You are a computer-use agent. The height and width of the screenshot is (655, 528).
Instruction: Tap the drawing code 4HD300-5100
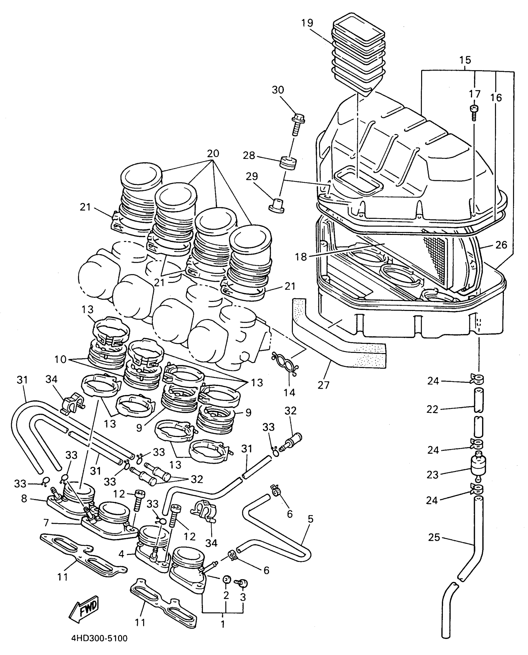tap(99, 639)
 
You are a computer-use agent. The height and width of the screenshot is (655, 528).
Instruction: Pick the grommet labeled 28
tap(289, 164)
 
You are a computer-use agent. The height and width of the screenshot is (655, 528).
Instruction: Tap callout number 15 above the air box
tap(465, 60)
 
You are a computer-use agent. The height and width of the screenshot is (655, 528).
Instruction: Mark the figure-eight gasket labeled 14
tap(285, 361)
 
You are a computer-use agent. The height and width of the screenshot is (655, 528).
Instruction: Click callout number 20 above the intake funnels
tap(213, 154)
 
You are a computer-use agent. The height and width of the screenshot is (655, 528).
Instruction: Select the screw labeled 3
tap(242, 584)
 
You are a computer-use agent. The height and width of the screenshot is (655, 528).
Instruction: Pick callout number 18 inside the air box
tap(301, 257)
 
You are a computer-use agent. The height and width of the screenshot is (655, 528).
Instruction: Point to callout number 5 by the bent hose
tap(310, 519)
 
